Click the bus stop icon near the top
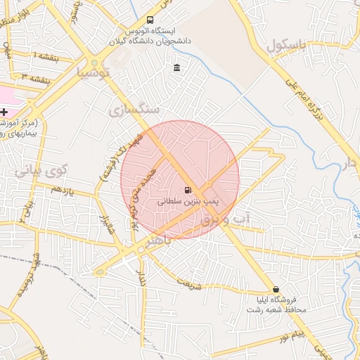tap(150, 20)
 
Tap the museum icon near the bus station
tap(176, 68)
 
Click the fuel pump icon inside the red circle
tap(187, 190)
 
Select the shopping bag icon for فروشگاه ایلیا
tap(276, 290)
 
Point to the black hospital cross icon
tap(4, 112)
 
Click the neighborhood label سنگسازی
tap(135, 110)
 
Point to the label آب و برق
tap(226, 221)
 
